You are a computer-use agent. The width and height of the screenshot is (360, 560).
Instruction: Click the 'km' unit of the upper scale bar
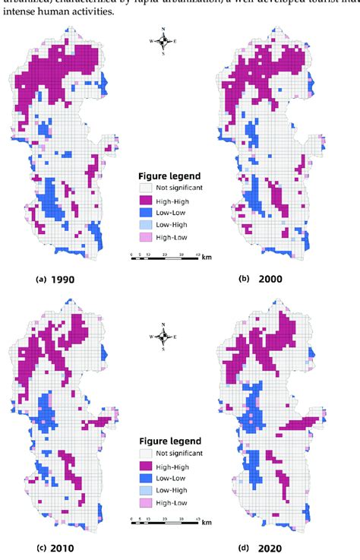[207, 258]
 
